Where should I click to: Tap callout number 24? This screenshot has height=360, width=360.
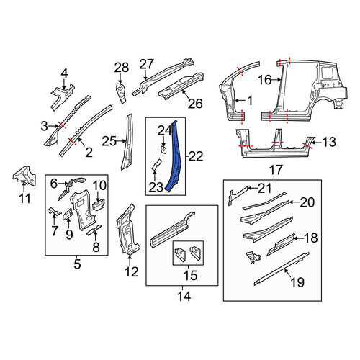pos(164,132)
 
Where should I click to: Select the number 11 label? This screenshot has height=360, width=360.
pos(24,199)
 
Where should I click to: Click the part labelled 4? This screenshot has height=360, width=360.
pos(62,96)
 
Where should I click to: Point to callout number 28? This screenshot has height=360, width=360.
pos(121,68)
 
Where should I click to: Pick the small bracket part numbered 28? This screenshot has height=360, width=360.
pos(122,93)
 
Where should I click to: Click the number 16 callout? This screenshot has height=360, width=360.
pos(265,80)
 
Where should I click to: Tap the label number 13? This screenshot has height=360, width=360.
pos(329,142)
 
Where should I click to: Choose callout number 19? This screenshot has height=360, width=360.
pos(297,282)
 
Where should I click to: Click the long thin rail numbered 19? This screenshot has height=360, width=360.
pos(282,269)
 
